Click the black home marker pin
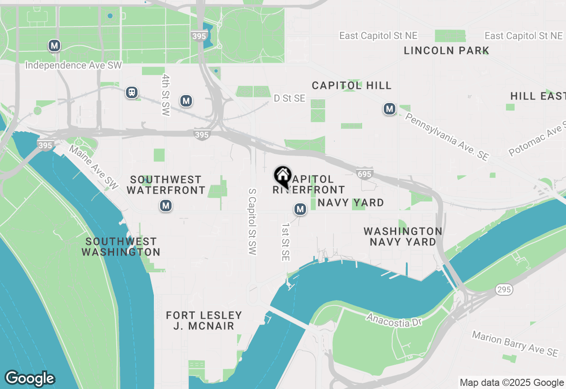click(283, 176)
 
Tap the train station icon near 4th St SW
click(132, 92)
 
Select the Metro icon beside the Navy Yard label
click(300, 209)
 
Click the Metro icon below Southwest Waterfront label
click(166, 206)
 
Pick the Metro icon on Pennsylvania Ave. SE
click(389, 109)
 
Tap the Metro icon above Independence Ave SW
click(54, 45)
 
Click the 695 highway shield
click(364, 174)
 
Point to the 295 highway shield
click(504, 290)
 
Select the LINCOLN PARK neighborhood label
click(446, 50)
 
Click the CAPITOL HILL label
click(352, 85)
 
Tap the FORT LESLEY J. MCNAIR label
click(204, 320)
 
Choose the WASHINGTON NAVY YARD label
click(402, 236)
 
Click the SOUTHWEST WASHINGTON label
click(121, 247)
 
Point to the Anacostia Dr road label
click(394, 320)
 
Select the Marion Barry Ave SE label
click(515, 343)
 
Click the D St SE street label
click(290, 98)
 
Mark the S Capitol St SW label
click(252, 222)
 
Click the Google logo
click(30, 378)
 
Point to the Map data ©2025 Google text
click(512, 383)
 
